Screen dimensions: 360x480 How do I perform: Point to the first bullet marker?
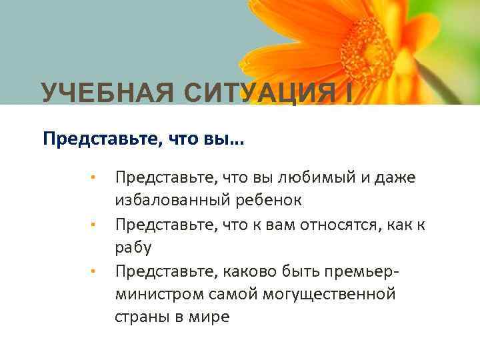(95, 179)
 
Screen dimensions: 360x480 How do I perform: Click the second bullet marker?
(95, 225)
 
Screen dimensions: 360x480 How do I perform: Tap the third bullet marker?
(95, 272)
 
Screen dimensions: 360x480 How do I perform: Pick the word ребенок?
(271, 201)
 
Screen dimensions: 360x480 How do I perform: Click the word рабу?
(133, 249)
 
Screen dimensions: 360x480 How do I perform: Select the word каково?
(239, 271)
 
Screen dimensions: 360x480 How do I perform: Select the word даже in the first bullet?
(393, 178)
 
